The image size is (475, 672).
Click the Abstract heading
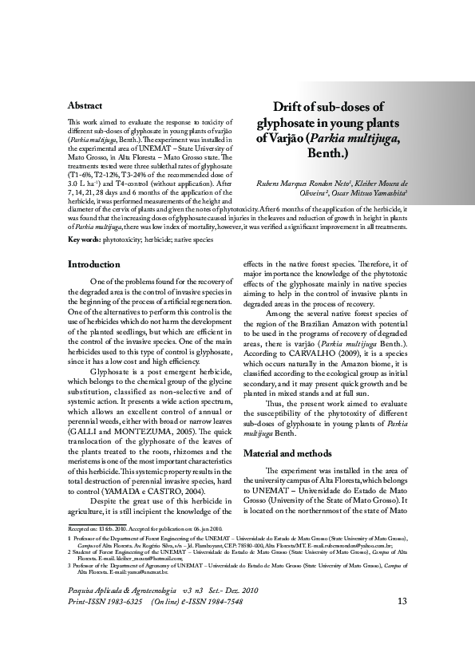click(85, 105)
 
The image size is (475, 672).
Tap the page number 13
click(402, 623)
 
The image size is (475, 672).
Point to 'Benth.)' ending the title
click(329, 152)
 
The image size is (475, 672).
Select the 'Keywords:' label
click(85, 239)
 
